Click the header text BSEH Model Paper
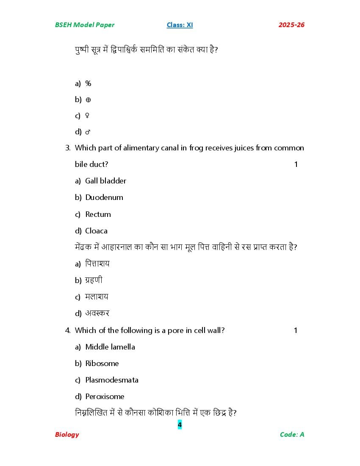tap(84, 25)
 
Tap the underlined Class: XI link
tap(180, 25)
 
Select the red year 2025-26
tap(291, 25)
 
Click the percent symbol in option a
tap(88, 83)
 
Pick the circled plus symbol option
tap(88, 100)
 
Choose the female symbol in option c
tap(87, 116)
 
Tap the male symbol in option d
tap(88, 132)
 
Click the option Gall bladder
tap(105, 181)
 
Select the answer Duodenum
tap(104, 197)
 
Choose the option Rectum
tap(98, 214)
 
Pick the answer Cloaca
tap(96, 231)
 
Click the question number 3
tap(67, 148)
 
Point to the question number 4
tap(67, 330)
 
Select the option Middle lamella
tap(110, 347)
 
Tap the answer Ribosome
tap(102, 363)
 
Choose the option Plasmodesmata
tap(112, 380)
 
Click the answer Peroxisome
tap(105, 397)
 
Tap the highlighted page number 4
tap(180, 424)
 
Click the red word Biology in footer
tap(67, 435)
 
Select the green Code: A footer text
tap(292, 435)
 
